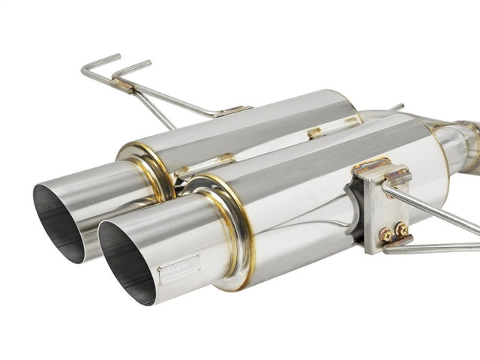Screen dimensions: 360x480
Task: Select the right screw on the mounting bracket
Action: [x=401, y=229]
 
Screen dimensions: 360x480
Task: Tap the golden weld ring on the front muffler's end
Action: [x=225, y=225]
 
